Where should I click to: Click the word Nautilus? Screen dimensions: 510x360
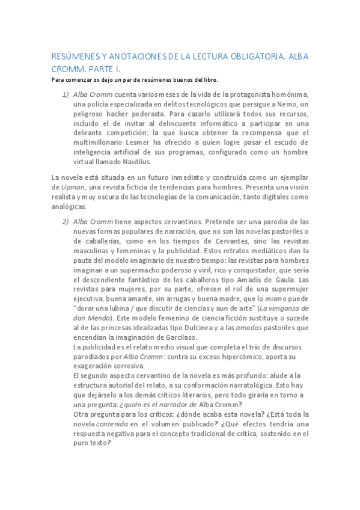coord(136,161)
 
